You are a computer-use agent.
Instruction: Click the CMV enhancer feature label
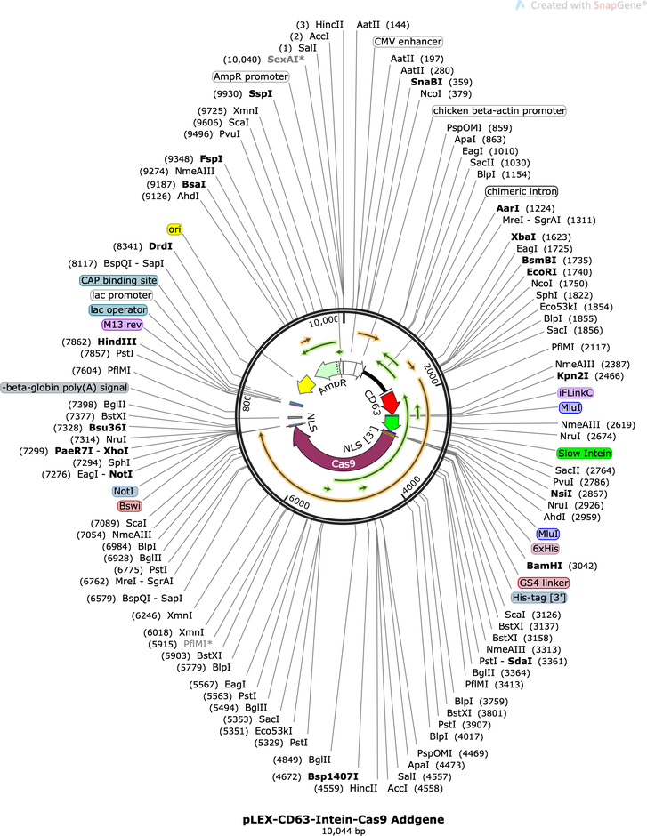[x=408, y=42]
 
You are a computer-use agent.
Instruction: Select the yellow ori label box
[x=174, y=229]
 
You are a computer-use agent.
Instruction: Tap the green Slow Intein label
[x=584, y=454]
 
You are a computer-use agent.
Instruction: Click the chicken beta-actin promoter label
[x=498, y=110]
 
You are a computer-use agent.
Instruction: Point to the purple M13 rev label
[x=123, y=325]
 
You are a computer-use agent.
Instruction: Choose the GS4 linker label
[x=544, y=583]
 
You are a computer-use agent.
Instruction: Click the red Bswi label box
[x=130, y=506]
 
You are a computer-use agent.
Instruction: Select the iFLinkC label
[x=575, y=393]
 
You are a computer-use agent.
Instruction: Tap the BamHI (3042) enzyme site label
[x=562, y=566]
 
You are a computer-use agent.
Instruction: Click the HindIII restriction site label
[x=117, y=342]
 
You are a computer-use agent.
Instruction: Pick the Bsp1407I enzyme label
[x=333, y=776]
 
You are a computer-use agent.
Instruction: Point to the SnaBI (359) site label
[x=441, y=82]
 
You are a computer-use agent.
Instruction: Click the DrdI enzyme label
[x=160, y=246]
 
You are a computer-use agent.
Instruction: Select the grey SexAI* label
[x=286, y=60]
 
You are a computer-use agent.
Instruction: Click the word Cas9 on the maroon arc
[x=343, y=464]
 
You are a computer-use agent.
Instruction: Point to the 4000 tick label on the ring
[x=411, y=485]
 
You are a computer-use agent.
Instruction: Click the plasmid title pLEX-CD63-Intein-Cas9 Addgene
[x=343, y=819]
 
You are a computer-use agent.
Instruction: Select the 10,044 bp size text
[x=344, y=831]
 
